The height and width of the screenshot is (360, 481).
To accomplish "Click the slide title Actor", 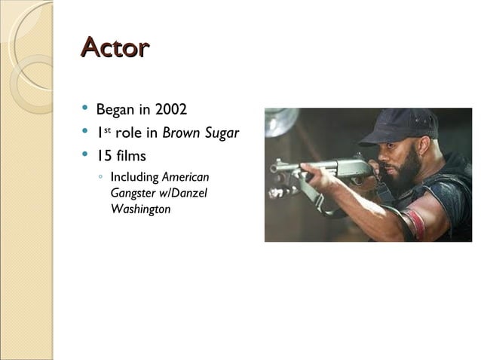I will coord(115,47).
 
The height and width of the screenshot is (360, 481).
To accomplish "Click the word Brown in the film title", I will coord(182,133).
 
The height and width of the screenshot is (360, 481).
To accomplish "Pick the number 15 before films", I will coord(104,157).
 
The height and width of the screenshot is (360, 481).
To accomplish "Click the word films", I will coord(131,157).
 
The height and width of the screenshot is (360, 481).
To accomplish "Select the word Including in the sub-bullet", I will coord(134,178).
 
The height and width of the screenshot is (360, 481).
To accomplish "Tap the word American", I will coord(185,178).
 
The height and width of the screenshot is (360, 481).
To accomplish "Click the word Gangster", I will coord(131,193).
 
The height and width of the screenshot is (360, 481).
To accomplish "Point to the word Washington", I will coord(140,209).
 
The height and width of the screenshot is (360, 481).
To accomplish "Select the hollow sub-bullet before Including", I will coord(100,178).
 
